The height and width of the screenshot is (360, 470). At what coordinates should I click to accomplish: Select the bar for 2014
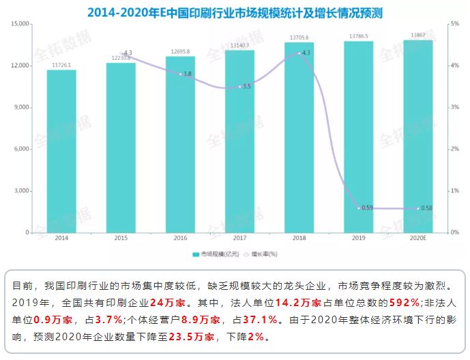(61, 151)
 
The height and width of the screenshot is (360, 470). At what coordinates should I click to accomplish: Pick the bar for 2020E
(418, 136)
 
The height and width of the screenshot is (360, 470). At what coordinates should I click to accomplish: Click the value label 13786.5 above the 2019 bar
(359, 35)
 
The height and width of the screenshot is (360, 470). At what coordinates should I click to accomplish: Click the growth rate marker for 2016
(180, 74)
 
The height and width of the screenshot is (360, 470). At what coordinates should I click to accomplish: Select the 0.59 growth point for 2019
(359, 208)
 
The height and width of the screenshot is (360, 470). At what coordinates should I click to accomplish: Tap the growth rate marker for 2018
(299, 52)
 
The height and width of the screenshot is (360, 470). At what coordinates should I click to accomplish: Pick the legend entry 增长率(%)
(264, 254)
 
